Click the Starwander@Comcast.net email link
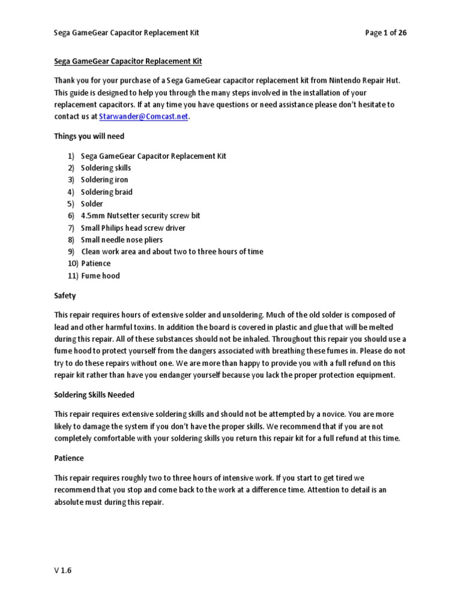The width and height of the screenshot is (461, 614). click(148, 117)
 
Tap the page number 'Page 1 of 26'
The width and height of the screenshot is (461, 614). click(386, 33)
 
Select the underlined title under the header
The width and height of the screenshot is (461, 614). click(128, 61)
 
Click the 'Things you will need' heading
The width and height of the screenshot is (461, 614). click(89, 137)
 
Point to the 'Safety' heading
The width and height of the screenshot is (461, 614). click(65, 296)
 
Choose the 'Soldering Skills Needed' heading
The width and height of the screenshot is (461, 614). click(94, 395)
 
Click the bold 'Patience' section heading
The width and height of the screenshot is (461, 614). click(69, 458)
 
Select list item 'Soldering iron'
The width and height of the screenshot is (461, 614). click(104, 180)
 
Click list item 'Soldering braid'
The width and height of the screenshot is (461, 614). click(107, 192)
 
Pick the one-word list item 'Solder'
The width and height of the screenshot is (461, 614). click(92, 204)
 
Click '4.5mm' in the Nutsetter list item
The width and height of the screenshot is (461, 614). click(91, 216)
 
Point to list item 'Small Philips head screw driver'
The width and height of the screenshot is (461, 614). click(133, 228)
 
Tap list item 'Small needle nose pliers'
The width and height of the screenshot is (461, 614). click(122, 240)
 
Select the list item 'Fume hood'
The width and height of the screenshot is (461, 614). click(100, 276)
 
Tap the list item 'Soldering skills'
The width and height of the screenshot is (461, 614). click(106, 168)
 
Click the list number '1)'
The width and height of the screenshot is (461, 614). click(71, 156)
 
